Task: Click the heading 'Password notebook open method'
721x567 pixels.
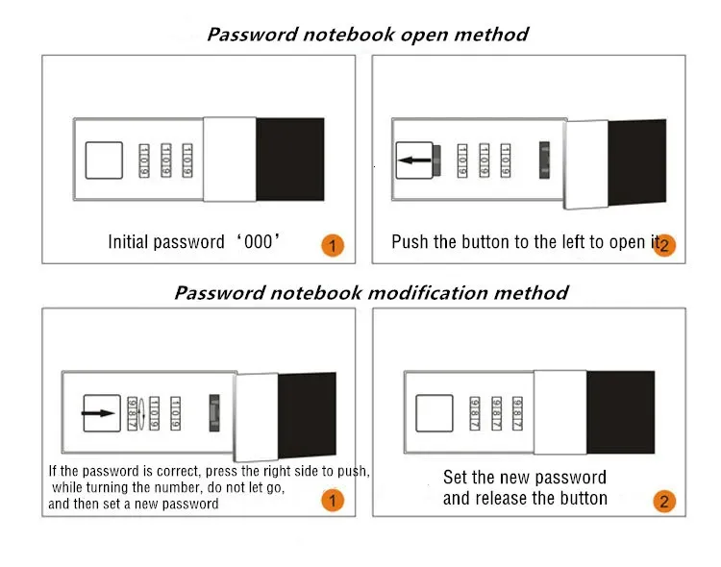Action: coord(368,34)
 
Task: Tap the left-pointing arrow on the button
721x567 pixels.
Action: coord(414,160)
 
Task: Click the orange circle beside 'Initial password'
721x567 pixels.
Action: coord(332,246)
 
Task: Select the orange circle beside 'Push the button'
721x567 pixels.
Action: coord(663,246)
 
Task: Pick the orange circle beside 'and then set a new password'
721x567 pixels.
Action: coord(332,501)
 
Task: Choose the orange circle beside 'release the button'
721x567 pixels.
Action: coord(663,501)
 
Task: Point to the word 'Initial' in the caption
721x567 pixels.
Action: coord(134,242)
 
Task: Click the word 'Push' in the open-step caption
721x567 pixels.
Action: coord(410,242)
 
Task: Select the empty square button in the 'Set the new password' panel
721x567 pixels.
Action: coord(434,413)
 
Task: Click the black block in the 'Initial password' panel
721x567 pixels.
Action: coord(290,159)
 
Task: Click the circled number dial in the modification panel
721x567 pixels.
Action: coord(142,414)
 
